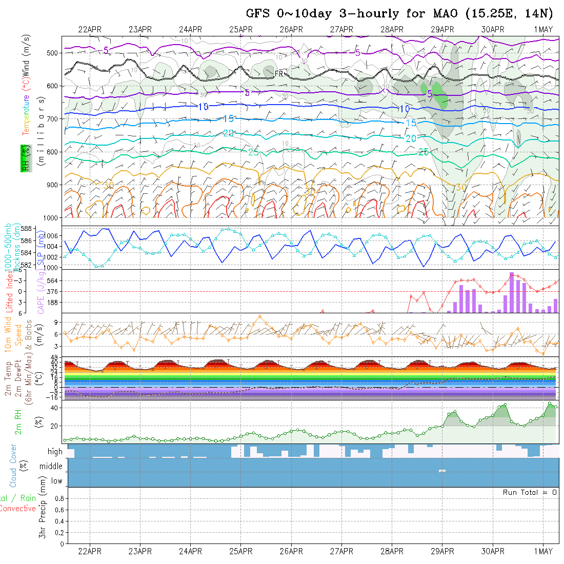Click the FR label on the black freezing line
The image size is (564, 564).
coord(279,74)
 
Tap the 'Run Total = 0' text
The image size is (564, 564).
coord(530,492)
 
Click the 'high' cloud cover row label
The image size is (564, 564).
coord(55,452)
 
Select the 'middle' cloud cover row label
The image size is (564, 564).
coord(51,466)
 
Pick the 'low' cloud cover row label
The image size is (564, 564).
coord(56,481)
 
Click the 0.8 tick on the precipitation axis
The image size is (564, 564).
coord(58,498)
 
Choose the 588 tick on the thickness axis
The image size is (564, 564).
coord(54,229)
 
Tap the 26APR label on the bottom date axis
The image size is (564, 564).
coord(291,552)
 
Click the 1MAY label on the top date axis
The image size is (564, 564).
coord(543,29)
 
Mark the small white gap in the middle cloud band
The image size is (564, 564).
coord(442,471)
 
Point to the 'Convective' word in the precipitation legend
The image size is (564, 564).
coord(17,509)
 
